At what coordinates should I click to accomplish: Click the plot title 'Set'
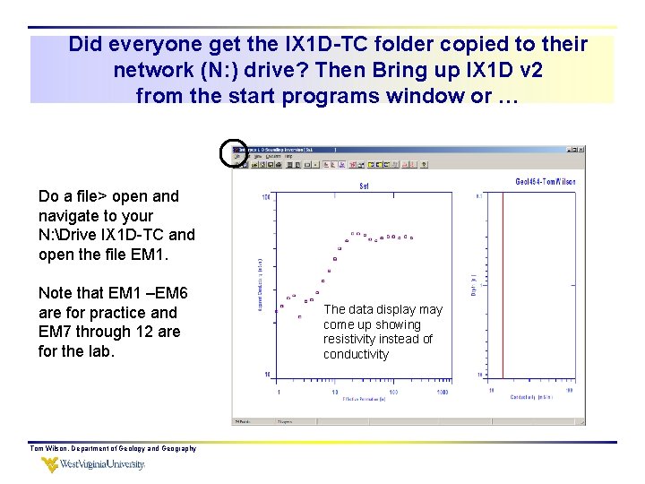point(365,186)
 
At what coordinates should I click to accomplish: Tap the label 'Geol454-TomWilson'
point(546,181)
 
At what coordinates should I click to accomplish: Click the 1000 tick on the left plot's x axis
point(443,393)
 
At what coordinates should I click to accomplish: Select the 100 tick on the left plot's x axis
point(391,393)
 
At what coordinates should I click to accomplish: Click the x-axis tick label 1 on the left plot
point(279,393)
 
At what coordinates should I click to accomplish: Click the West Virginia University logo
point(93,464)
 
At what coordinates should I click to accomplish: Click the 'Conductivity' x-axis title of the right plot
point(531,397)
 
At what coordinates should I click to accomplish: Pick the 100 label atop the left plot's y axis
point(266,196)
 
